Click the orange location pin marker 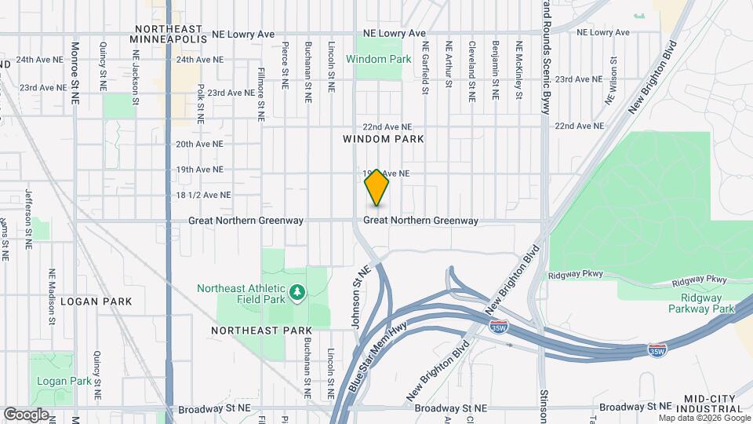377,188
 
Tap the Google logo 26,415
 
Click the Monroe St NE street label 76,68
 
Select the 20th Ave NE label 199,144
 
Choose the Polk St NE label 202,104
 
